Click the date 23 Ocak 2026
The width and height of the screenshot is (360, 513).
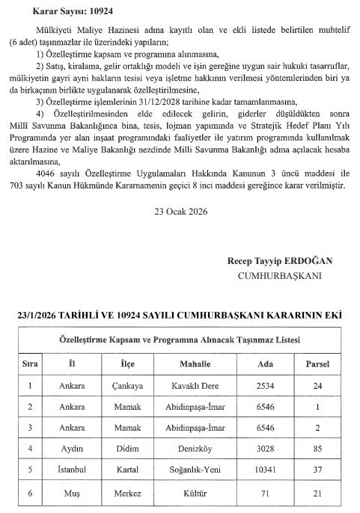point(180,210)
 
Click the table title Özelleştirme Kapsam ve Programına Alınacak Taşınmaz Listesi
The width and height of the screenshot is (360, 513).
point(180,340)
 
